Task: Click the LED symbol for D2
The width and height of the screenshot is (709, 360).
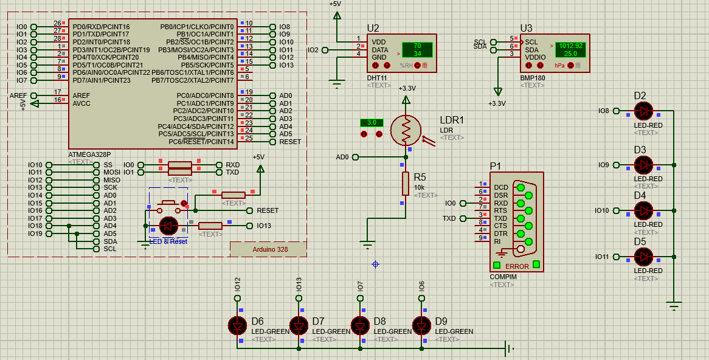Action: click(x=643, y=111)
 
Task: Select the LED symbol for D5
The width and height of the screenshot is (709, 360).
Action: click(x=643, y=257)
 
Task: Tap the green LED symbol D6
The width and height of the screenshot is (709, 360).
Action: click(x=237, y=325)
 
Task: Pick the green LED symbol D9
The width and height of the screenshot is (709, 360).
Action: click(x=421, y=325)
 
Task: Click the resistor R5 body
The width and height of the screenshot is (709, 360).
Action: click(x=406, y=183)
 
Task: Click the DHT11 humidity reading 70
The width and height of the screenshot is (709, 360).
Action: click(x=417, y=46)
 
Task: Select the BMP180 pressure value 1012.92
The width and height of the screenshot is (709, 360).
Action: click(x=570, y=46)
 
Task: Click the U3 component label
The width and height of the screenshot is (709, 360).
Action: click(x=526, y=28)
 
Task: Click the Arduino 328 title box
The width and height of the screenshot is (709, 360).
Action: click(x=268, y=249)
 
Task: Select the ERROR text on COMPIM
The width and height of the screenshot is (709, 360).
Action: click(x=517, y=266)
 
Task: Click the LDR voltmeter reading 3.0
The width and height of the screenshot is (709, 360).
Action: click(x=372, y=123)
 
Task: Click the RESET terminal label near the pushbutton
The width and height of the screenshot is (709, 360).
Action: click(x=268, y=210)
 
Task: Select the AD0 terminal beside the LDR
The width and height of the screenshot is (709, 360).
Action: click(x=342, y=157)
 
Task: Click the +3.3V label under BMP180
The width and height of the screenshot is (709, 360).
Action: click(x=497, y=103)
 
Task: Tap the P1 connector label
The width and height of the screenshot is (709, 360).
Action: click(x=496, y=166)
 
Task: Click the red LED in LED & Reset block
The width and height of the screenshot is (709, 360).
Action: click(x=168, y=226)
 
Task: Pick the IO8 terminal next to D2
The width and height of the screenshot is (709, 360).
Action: click(x=603, y=111)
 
